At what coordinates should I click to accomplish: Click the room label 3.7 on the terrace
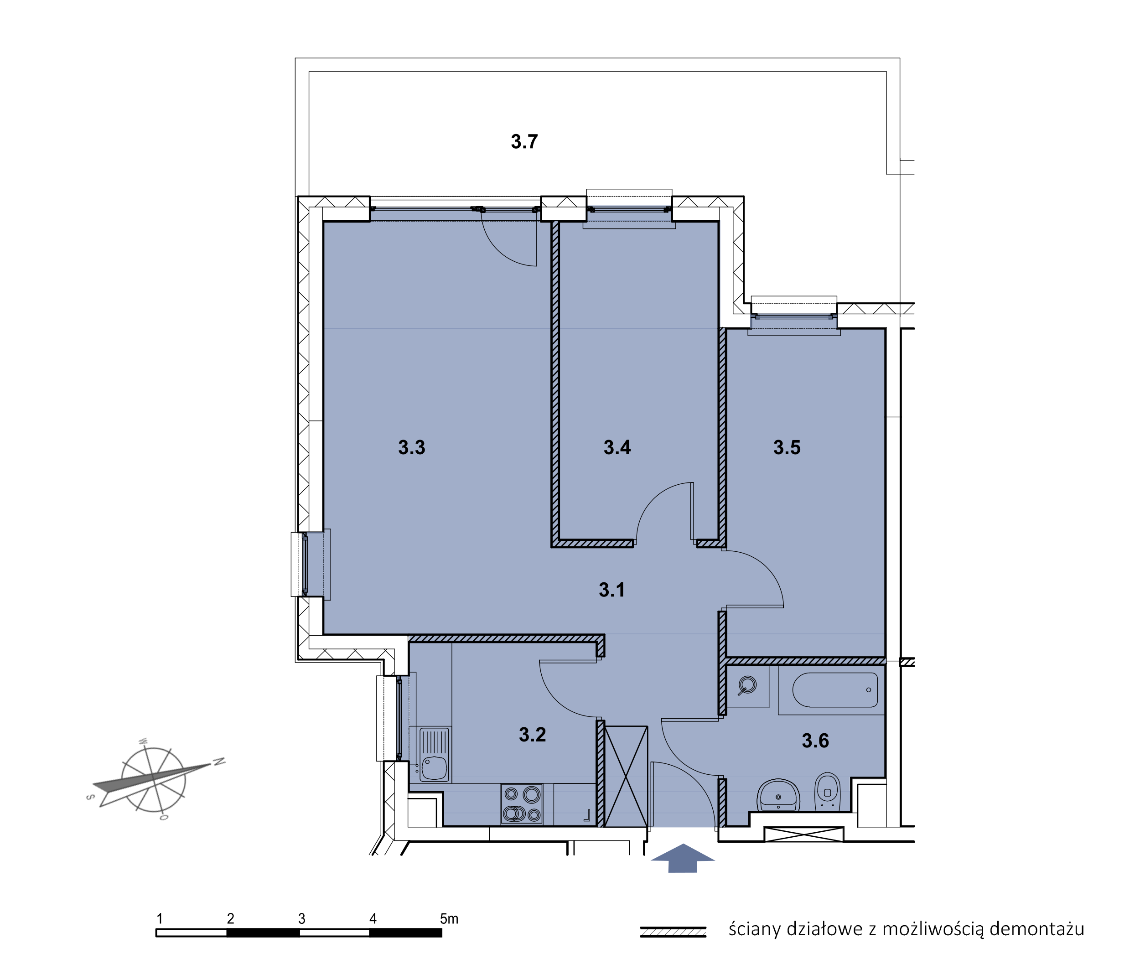(524, 141)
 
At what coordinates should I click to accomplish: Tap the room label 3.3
(411, 448)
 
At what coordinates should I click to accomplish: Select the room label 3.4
(617, 448)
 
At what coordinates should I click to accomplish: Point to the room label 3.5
(787, 448)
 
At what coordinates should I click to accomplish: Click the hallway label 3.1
(611, 590)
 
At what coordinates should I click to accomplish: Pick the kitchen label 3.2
(532, 735)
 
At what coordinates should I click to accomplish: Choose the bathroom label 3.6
(815, 741)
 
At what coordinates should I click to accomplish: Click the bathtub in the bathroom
(835, 689)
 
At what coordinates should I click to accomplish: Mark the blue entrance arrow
(683, 858)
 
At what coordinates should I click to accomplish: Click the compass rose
(154, 780)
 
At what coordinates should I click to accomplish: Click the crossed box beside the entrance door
(626, 777)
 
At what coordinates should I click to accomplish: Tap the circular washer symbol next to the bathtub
(747, 685)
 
